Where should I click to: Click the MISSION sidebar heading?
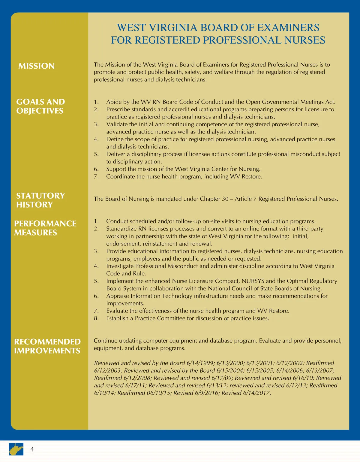[x=36, y=66]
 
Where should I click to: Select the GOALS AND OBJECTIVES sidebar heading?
[x=40, y=106]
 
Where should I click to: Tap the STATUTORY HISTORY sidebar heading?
[x=40, y=200]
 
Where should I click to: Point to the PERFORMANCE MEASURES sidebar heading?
[x=45, y=228]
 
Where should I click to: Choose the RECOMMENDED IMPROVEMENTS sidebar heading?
[x=47, y=346]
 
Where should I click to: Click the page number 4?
[x=32, y=449]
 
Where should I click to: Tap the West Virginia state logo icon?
[x=16, y=449]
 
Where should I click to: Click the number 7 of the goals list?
[x=96, y=176]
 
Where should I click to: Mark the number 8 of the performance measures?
[x=96, y=318]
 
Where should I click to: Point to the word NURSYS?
[x=253, y=281]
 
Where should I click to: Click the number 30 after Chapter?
[x=225, y=199]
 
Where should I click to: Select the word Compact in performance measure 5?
[x=224, y=281]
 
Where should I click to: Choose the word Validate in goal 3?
[x=117, y=124]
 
